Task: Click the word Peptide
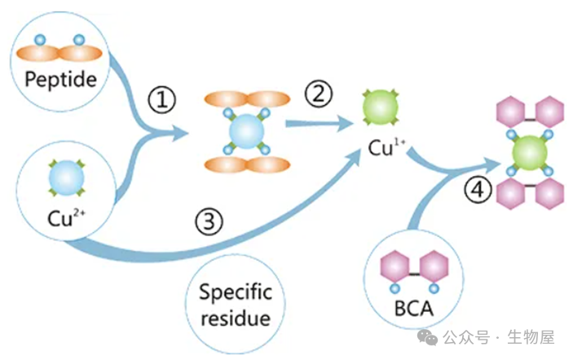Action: [x=61, y=80]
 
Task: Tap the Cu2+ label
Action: [x=62, y=217]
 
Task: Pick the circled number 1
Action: [x=161, y=101]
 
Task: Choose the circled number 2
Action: [x=319, y=94]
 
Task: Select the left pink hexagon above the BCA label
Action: [x=395, y=267]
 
